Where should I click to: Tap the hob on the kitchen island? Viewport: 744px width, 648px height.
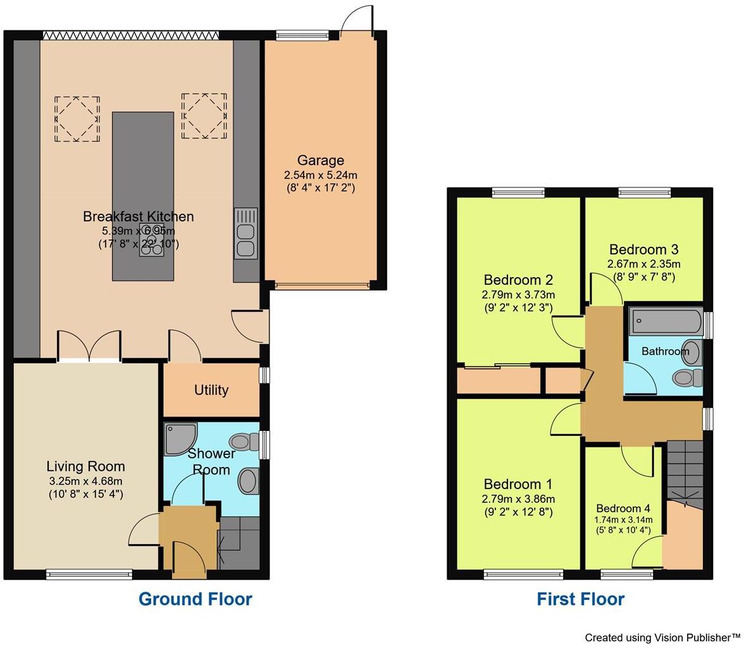point(152,240)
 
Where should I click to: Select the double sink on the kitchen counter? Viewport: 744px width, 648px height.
point(245,234)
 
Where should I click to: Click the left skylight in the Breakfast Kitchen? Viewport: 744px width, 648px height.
point(77,118)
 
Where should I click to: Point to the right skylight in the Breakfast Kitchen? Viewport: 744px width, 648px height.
point(204,116)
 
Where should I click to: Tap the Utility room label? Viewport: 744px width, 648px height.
point(211,390)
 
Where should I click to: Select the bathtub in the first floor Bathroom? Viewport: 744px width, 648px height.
point(666,321)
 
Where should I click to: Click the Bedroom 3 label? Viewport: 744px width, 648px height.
point(643,249)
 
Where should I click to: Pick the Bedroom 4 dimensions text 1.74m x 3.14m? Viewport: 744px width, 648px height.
point(623,520)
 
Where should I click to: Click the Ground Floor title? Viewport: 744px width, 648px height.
point(195,599)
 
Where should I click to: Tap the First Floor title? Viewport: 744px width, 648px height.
point(580,599)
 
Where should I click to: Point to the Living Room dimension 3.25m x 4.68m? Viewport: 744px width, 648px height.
point(86,481)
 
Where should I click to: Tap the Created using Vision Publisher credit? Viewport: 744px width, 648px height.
point(662,637)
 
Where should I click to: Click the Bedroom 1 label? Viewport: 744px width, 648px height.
point(518,485)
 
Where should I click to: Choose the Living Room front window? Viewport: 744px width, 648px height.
point(89,575)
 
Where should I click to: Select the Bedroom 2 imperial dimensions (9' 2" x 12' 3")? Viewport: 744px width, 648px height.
point(518,308)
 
